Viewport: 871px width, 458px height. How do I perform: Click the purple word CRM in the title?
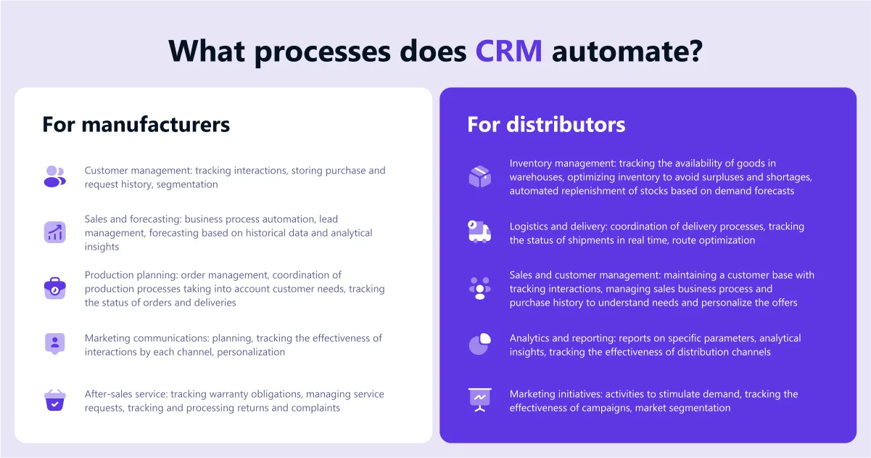[508, 51]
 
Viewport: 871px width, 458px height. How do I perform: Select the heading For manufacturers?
[136, 124]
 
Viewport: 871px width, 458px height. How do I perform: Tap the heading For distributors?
[545, 124]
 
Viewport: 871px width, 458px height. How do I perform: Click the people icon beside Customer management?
[54, 176]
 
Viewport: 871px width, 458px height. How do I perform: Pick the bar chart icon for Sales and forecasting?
[54, 232]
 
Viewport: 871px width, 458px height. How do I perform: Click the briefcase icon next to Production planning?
[54, 288]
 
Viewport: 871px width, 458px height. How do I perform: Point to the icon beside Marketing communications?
[54, 344]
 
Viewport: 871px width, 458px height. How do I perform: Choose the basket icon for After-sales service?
[54, 400]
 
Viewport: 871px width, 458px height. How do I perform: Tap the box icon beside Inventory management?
[479, 176]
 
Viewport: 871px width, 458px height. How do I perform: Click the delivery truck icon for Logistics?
[479, 232]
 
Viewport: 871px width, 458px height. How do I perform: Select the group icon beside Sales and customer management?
[479, 288]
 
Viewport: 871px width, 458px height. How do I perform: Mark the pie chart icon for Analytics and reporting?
[479, 344]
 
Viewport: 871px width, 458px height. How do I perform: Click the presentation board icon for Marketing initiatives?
[479, 400]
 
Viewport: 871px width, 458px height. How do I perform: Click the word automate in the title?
[626, 51]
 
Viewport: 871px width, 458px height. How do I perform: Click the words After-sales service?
[125, 394]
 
